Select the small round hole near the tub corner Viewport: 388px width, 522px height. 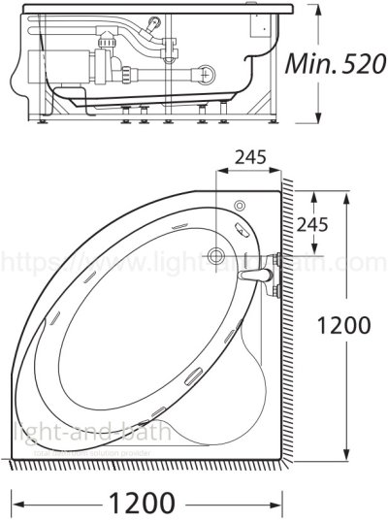pos(238,206)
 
